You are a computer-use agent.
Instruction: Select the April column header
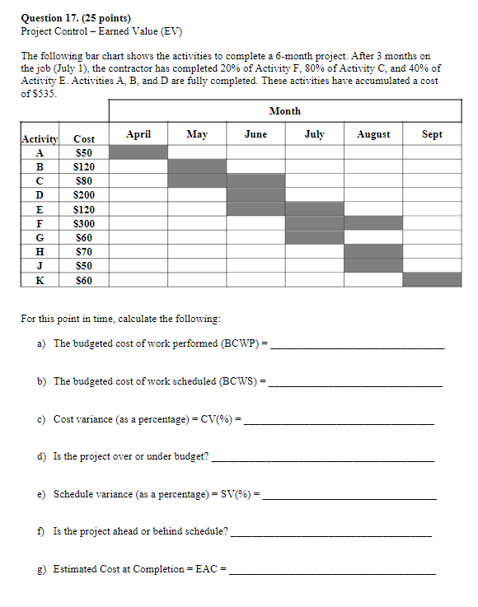pyautogui.click(x=138, y=133)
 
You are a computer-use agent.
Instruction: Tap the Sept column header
pyautogui.click(x=433, y=133)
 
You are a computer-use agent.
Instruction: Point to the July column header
pyautogui.click(x=314, y=133)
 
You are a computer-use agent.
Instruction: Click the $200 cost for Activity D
pyautogui.click(x=84, y=195)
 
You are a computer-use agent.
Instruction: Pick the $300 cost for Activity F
pyautogui.click(x=84, y=223)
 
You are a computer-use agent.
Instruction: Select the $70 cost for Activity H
pyautogui.click(x=84, y=251)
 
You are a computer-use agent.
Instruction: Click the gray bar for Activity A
pyautogui.click(x=138, y=152)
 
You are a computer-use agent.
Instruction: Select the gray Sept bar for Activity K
pyautogui.click(x=433, y=279)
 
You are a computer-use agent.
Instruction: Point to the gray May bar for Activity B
pyautogui.click(x=197, y=166)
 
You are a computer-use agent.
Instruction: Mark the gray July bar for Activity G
pyautogui.click(x=314, y=237)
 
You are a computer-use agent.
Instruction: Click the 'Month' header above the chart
pyautogui.click(x=284, y=111)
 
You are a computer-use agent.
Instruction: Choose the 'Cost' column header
pyautogui.click(x=84, y=140)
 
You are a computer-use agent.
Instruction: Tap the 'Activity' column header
pyautogui.click(x=39, y=140)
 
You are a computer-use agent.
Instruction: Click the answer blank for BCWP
pyautogui.click(x=357, y=345)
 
